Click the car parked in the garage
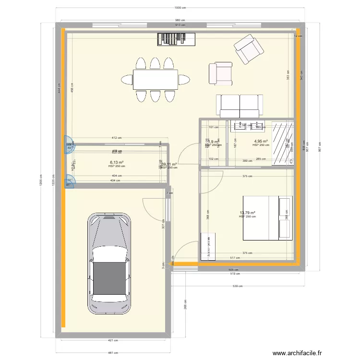click(x=109, y=264)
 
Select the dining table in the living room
click(x=155, y=80)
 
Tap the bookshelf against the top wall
click(x=177, y=39)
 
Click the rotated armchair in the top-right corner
click(x=248, y=50)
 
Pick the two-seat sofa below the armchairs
click(x=240, y=105)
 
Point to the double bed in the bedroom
click(x=267, y=217)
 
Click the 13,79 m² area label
click(x=247, y=213)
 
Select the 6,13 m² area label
click(x=116, y=163)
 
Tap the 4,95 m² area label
click(x=261, y=141)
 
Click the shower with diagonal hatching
click(x=283, y=144)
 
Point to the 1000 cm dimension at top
click(x=180, y=8)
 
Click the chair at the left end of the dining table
click(x=127, y=80)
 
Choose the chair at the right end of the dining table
click(x=184, y=80)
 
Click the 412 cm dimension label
click(x=116, y=138)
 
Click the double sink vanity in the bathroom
click(x=248, y=126)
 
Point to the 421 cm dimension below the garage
click(x=112, y=340)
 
